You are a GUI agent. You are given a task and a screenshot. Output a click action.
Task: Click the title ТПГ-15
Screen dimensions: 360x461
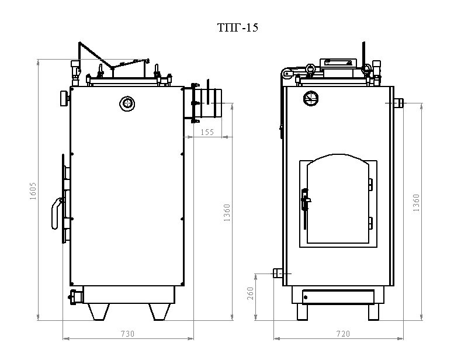point(237,27)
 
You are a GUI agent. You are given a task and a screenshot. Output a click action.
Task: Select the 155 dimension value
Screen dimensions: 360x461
point(207,133)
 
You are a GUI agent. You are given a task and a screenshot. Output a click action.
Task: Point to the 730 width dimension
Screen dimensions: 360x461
point(127,334)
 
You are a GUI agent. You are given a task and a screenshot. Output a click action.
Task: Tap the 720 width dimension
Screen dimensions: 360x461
point(343,334)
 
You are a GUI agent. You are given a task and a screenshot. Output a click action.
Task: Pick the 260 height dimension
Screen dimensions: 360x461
point(251,294)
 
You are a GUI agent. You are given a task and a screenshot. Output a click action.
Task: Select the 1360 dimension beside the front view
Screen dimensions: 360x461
point(416,203)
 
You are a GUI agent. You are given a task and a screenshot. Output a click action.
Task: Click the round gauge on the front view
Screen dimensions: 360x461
point(309,97)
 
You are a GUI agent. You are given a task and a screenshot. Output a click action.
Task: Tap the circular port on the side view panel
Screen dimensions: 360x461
point(127,103)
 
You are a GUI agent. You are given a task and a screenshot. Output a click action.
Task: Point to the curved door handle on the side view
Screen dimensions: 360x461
point(56,213)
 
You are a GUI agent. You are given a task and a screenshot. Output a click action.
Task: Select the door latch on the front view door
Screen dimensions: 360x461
point(304,202)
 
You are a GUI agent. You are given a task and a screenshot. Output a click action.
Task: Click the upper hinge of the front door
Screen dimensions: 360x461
point(370,184)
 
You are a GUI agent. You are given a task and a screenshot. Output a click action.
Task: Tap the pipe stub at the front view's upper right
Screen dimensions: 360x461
point(399,103)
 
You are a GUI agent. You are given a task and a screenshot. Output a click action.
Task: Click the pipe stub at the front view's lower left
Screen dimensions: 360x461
point(278,273)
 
